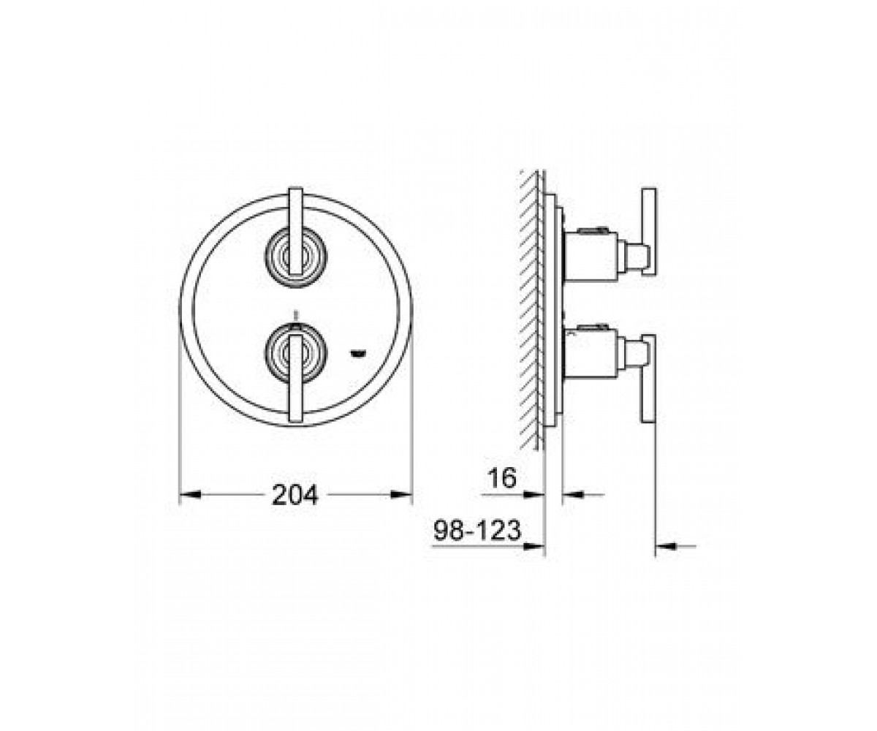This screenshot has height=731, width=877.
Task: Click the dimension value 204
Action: click(x=295, y=495)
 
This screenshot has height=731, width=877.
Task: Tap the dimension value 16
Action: click(x=502, y=478)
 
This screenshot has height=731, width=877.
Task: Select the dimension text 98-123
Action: click(x=477, y=530)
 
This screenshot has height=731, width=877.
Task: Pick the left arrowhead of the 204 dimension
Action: click(x=190, y=495)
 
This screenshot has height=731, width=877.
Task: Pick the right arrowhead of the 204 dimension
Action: click(x=402, y=495)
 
